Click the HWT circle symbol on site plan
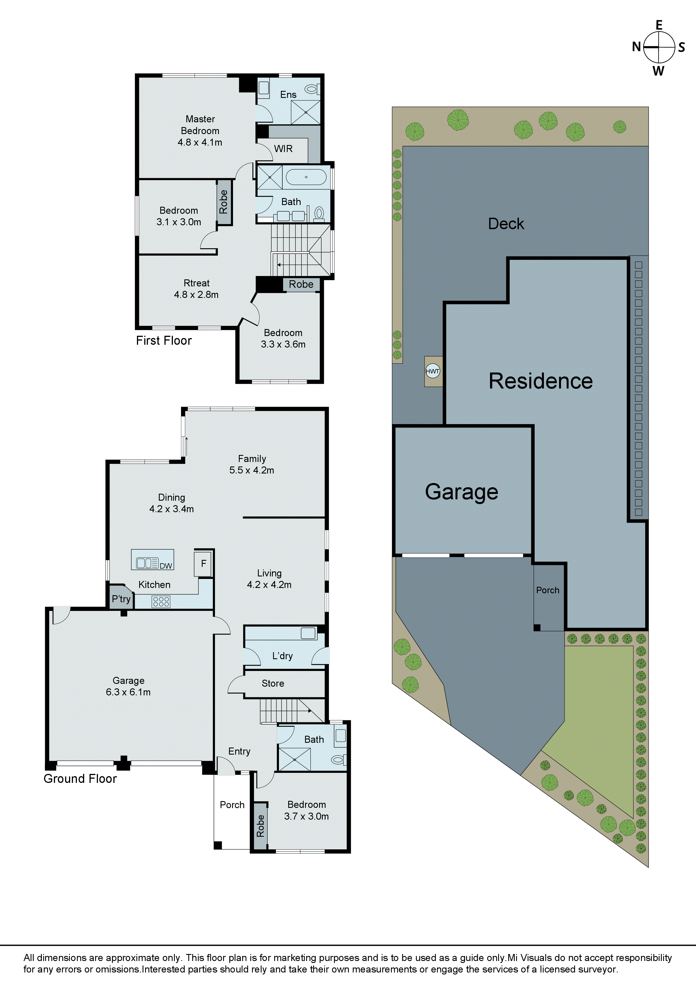(432, 371)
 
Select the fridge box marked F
(204, 563)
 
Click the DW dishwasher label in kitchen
(166, 566)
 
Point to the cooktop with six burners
(161, 602)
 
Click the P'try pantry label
(121, 599)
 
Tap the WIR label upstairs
(283, 149)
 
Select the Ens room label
(288, 95)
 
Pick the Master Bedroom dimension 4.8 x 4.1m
(200, 142)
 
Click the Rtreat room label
(196, 283)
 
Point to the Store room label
(273, 683)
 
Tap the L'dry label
(282, 656)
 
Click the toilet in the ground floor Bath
(338, 760)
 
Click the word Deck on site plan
(506, 224)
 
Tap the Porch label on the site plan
(548, 590)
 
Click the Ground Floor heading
(80, 779)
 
